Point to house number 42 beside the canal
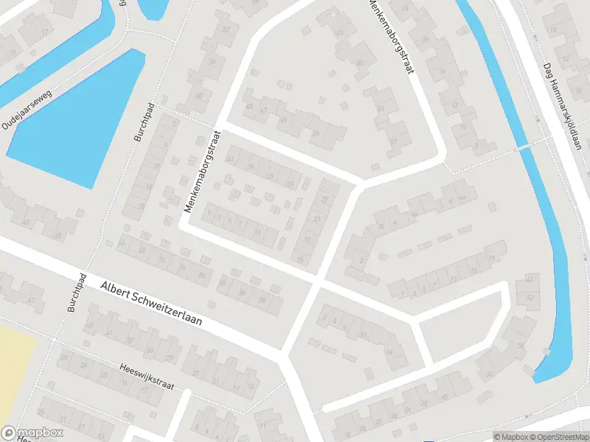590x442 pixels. click(x=529, y=296)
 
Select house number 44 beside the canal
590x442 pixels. click(x=529, y=278)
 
